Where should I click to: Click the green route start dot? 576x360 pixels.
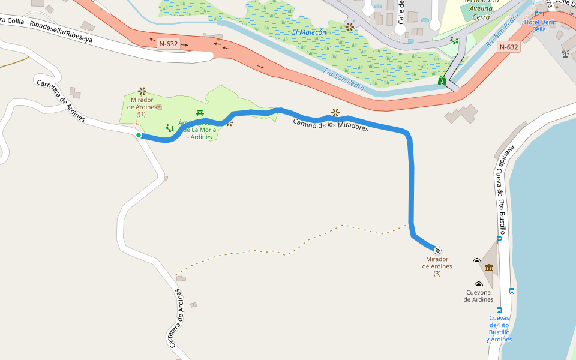pos(139,135)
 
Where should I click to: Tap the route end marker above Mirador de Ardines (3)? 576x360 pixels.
pos(437,250)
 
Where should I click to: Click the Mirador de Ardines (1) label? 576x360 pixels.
pos(142,107)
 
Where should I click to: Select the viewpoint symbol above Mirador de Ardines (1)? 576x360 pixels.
pos(142,91)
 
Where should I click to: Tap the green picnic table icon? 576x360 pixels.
pos(200,113)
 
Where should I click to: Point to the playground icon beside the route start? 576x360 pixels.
pos(170,128)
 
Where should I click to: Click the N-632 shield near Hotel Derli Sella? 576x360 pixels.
pos(508,47)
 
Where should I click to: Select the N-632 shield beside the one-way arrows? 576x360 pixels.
pos(168,44)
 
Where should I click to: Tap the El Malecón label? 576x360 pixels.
pos(310,32)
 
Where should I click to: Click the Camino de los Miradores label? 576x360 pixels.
pos(331,125)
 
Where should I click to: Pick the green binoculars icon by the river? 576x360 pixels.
pos(442,80)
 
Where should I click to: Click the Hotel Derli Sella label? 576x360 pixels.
pos(539,25)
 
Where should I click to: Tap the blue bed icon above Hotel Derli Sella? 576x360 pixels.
pos(539,12)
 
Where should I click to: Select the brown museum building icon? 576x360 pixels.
pos(489,267)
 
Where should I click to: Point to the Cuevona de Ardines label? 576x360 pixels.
pos(478,296)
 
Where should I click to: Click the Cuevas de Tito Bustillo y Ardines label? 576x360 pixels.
pos(499,328)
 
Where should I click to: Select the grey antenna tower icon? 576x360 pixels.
pos(565,53)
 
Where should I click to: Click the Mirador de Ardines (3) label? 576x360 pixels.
pos(437,266)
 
